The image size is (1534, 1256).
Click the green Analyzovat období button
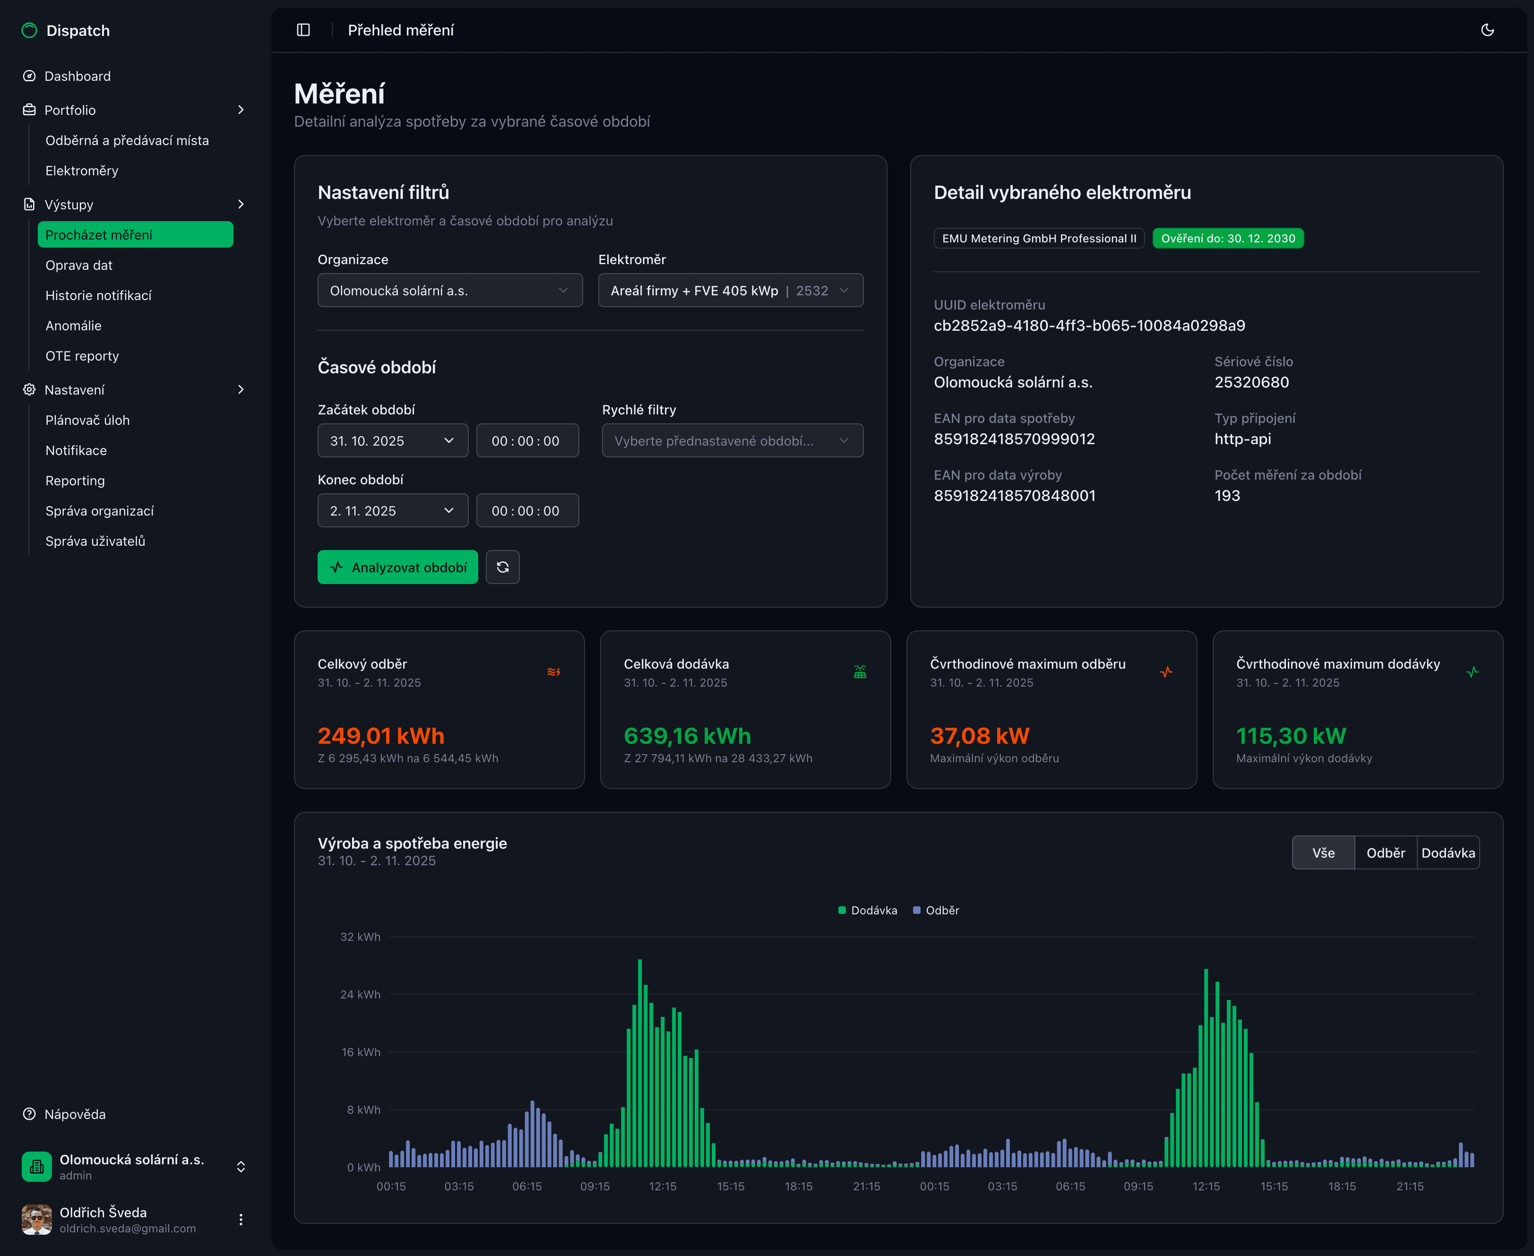(x=397, y=567)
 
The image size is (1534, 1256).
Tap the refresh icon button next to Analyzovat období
(x=502, y=567)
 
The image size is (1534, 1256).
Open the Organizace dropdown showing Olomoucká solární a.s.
(x=449, y=290)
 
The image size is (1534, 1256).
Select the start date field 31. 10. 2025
(x=392, y=440)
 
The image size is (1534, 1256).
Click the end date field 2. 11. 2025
(x=392, y=511)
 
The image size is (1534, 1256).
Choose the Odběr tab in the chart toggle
(x=1385, y=853)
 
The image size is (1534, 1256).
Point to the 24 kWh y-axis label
(x=361, y=994)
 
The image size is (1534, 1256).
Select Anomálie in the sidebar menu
(x=73, y=326)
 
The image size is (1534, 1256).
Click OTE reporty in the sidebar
(x=82, y=356)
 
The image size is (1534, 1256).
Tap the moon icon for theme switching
(x=1487, y=30)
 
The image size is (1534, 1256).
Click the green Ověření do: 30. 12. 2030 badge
(x=1227, y=238)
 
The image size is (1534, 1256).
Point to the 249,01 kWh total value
(x=380, y=736)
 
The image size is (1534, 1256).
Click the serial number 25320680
(x=1251, y=382)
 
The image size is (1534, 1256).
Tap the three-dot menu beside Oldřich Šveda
(x=241, y=1220)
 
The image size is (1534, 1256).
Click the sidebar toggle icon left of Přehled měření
(x=303, y=30)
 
